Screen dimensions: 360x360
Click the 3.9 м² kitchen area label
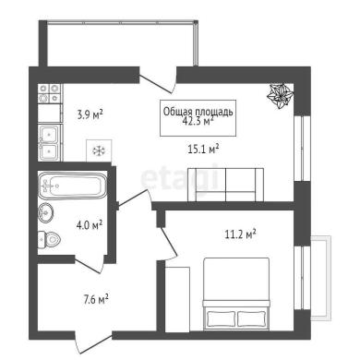click(x=90, y=115)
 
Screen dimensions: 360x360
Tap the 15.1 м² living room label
click(x=203, y=150)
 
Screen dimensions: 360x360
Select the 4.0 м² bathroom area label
click(x=90, y=225)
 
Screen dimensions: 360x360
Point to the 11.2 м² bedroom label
click(x=241, y=234)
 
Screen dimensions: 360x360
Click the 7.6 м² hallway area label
click(x=96, y=299)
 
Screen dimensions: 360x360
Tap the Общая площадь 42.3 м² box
click(x=198, y=118)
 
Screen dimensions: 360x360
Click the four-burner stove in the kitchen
click(x=49, y=93)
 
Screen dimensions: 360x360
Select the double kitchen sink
click(x=50, y=142)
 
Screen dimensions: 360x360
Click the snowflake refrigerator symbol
click(x=99, y=150)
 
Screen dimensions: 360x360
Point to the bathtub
click(x=73, y=186)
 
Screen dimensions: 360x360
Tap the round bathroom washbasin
click(x=46, y=213)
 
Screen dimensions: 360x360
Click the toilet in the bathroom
click(x=49, y=239)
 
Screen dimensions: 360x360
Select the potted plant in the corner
click(x=280, y=96)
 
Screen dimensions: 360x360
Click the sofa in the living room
click(x=225, y=185)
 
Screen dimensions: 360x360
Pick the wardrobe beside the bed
click(x=177, y=299)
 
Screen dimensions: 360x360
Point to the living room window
click(x=299, y=148)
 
